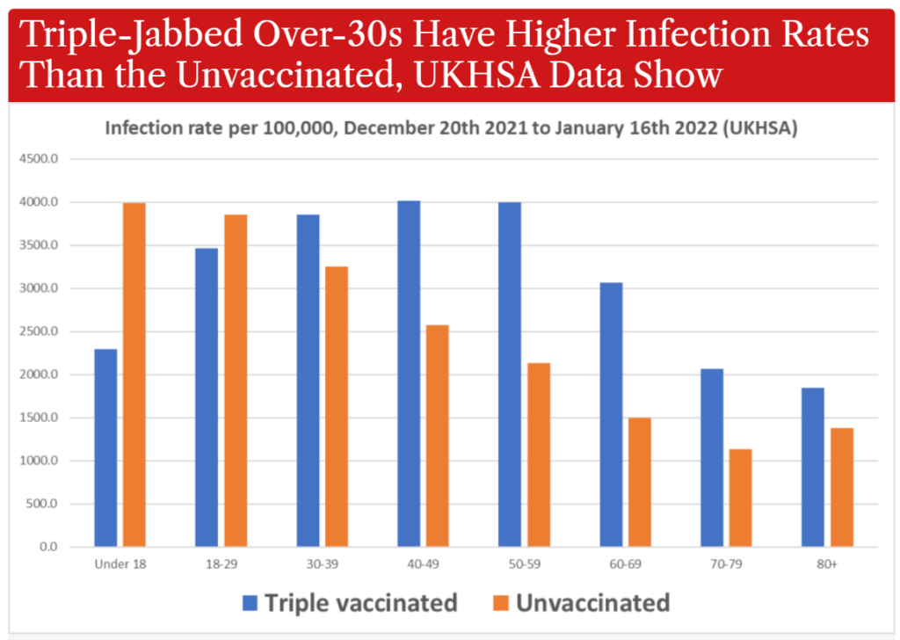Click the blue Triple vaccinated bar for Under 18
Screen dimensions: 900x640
(105, 447)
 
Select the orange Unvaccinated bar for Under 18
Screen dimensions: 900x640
(134, 375)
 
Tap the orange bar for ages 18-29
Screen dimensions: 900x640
(236, 381)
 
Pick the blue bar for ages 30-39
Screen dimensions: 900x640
(308, 381)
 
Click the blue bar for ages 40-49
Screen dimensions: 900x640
(409, 374)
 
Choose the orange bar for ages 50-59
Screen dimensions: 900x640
(539, 455)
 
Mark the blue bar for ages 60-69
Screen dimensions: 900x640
(612, 414)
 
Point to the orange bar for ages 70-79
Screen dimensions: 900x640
(740, 498)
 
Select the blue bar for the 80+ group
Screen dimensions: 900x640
(813, 467)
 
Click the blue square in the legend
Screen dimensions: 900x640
(250, 603)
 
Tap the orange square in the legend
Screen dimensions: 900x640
(501, 603)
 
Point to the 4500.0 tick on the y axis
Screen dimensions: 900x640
(39, 159)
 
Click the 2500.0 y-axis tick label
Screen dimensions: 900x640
(39, 331)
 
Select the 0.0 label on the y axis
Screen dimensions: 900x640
(48, 547)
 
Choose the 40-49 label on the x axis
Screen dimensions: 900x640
(423, 564)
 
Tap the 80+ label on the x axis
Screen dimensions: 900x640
(827, 564)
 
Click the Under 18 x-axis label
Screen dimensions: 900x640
(120, 564)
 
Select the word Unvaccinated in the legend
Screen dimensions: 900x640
(593, 603)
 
